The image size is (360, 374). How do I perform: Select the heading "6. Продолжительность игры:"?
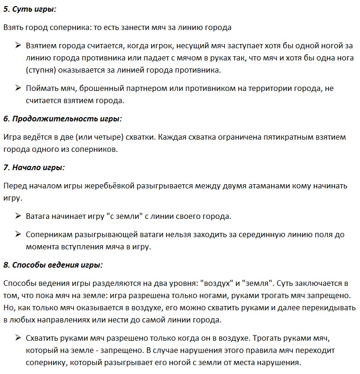click(62, 119)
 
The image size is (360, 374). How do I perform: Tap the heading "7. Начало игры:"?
click(34, 167)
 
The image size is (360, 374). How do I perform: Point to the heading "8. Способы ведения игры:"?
click(53, 265)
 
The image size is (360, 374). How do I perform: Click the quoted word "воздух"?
click(217, 284)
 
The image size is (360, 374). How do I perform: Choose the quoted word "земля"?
click(257, 284)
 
